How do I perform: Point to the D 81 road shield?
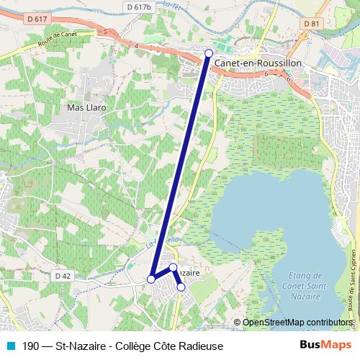click(x=310, y=24)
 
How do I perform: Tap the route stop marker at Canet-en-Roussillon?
click(x=209, y=53)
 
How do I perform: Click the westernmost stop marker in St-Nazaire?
click(x=151, y=279)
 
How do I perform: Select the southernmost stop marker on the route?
click(x=181, y=287)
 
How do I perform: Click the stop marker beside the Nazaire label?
click(x=173, y=267)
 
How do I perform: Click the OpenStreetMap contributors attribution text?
click(x=297, y=323)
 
